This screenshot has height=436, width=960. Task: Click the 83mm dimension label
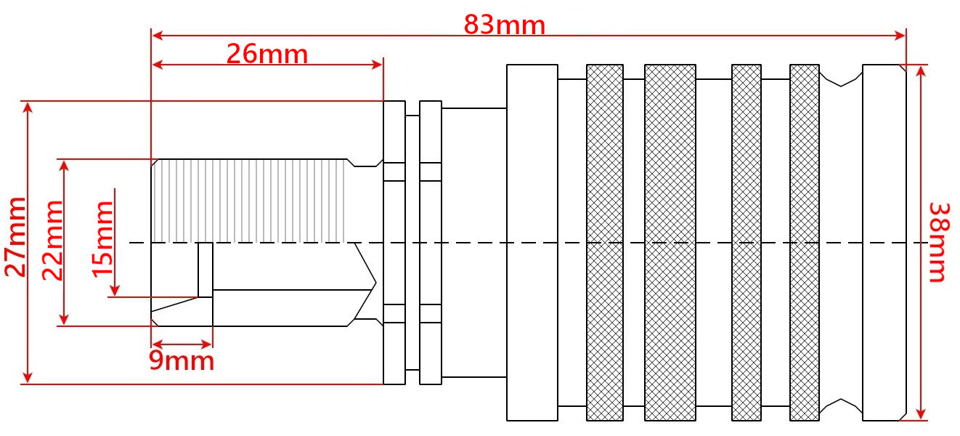pyautogui.click(x=505, y=25)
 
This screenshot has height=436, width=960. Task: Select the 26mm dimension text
pyautogui.click(x=267, y=54)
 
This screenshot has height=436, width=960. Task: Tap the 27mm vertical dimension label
pyautogui.click(x=15, y=237)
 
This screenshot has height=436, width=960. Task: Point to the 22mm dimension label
pyautogui.click(x=52, y=240)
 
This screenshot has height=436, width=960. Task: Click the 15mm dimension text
pyautogui.click(x=103, y=239)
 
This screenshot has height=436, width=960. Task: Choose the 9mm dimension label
pyautogui.click(x=182, y=360)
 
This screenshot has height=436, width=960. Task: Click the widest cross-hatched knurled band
pyautogui.click(x=670, y=243)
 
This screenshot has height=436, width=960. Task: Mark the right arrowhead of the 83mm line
pyautogui.click(x=900, y=36)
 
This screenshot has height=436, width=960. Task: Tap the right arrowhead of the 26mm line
pyautogui.click(x=377, y=65)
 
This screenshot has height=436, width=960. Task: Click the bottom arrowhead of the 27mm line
pyautogui.click(x=28, y=377)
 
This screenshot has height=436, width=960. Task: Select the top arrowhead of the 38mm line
pyautogui.click(x=921, y=71)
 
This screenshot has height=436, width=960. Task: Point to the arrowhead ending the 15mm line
pyautogui.click(x=115, y=290)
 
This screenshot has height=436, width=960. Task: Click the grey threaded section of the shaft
pyautogui.click(x=248, y=201)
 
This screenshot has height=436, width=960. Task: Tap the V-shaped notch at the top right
pyautogui.click(x=841, y=79)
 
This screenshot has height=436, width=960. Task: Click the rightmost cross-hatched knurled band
pyautogui.click(x=805, y=243)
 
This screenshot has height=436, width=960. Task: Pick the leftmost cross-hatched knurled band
pyautogui.click(x=605, y=243)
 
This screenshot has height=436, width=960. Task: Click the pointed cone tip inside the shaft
pyautogui.click(x=375, y=283)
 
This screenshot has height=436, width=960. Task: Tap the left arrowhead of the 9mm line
pyautogui.click(x=158, y=344)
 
